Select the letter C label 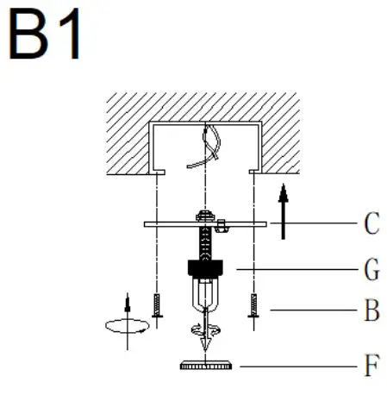(x=371, y=225)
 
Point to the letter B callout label (x=371, y=310)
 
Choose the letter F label (x=371, y=367)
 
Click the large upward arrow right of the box (x=283, y=207)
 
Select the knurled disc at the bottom (x=205, y=367)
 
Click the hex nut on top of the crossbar (x=205, y=216)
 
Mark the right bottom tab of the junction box (x=253, y=172)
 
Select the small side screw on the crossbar (x=222, y=226)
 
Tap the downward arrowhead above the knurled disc (x=205, y=348)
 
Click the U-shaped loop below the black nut (x=205, y=298)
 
